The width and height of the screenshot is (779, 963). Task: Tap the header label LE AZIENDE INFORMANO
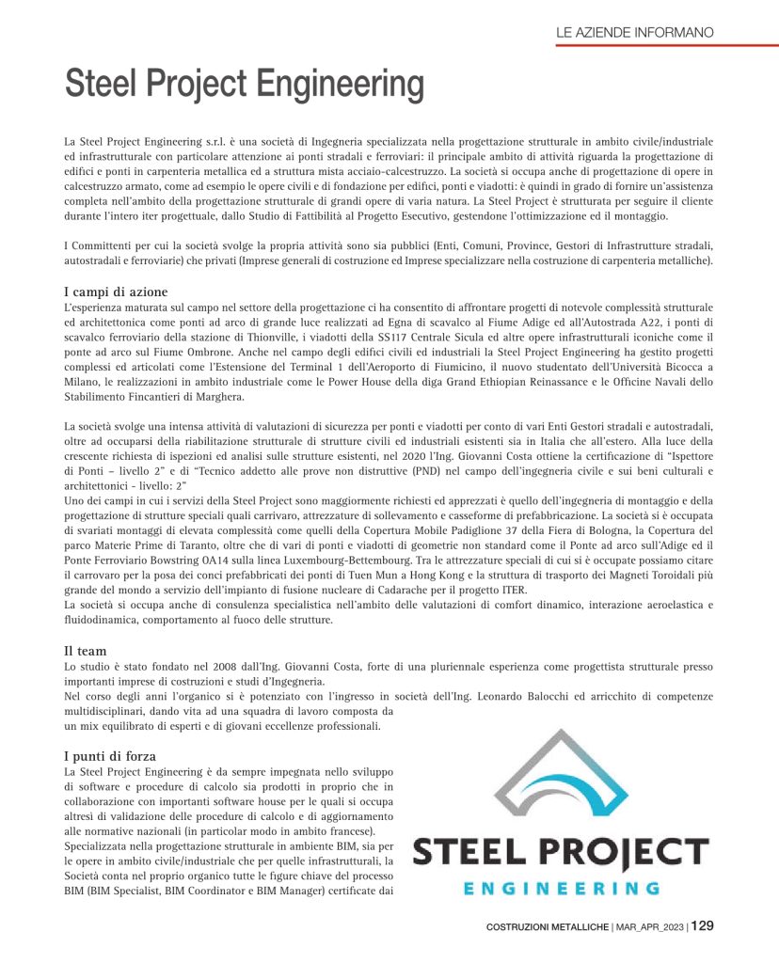click(634, 32)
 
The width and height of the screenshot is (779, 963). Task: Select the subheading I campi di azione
click(115, 292)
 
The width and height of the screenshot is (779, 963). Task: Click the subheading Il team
click(85, 650)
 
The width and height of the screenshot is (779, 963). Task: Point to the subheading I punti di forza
click(109, 755)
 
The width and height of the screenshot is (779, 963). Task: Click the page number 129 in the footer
click(702, 926)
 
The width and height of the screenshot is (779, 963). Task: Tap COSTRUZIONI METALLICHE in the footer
click(547, 927)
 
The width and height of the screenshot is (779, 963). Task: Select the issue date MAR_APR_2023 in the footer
click(649, 927)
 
